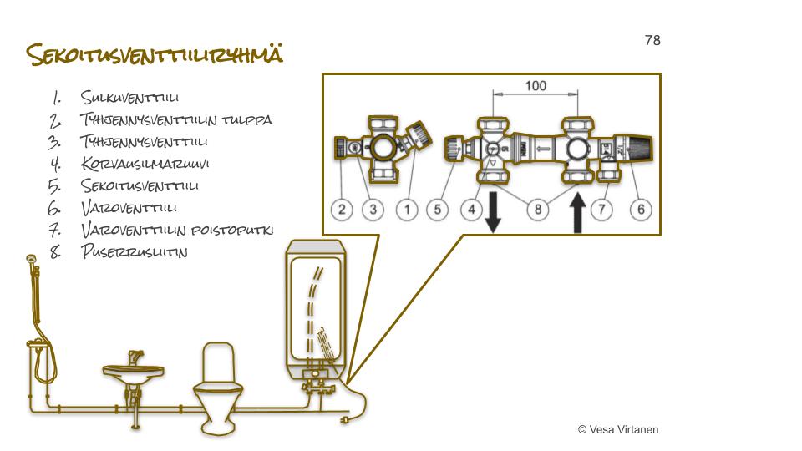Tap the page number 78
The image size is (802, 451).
pyautogui.click(x=652, y=40)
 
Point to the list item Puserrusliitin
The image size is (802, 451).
pyautogui.click(x=134, y=251)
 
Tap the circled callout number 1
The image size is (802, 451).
pyautogui.click(x=407, y=209)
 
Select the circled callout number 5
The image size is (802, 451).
pyautogui.click(x=439, y=209)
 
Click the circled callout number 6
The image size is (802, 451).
pyautogui.click(x=641, y=209)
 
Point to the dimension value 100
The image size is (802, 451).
pyautogui.click(x=535, y=86)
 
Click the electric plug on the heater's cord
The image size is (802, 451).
pyautogui.click(x=343, y=421)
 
